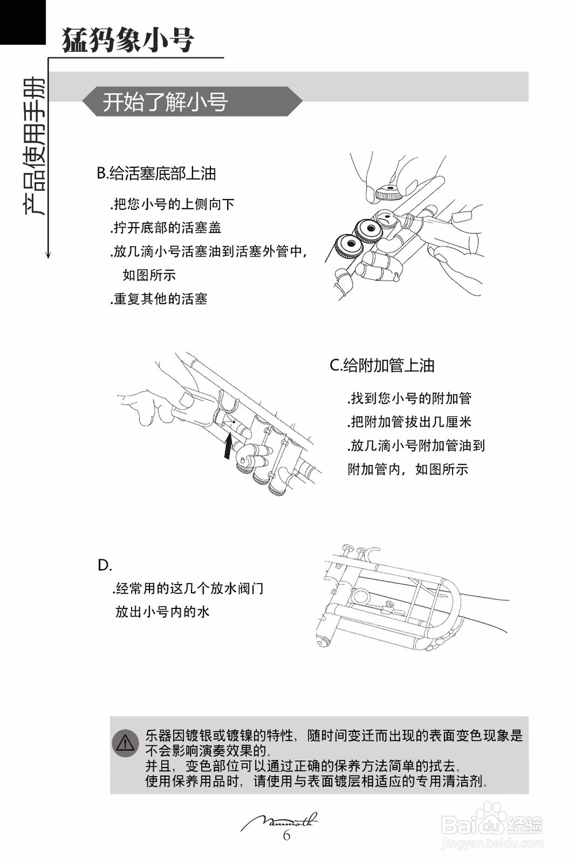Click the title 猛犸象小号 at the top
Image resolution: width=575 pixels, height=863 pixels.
coord(128,40)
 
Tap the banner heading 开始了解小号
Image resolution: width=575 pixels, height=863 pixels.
coord(166,102)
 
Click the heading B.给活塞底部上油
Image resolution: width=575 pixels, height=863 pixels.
coord(156,174)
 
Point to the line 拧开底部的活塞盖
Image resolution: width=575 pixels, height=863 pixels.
coord(167,228)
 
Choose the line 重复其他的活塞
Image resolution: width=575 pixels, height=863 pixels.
coord(159,299)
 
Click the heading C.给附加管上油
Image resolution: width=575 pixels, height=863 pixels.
coord(382,366)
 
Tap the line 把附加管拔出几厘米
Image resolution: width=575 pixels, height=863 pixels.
coord(410,422)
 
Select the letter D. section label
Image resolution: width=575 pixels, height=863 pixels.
coord(105,566)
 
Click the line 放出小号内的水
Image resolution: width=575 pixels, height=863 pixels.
coord(163,611)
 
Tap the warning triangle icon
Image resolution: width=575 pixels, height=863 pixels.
coord(125,743)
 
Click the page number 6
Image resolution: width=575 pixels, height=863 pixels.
coord(286,835)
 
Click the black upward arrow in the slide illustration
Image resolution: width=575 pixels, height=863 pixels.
coord(228,447)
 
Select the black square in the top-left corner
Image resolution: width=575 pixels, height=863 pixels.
coord(22,22)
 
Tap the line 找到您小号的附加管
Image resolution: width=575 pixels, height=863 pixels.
coord(410,398)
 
